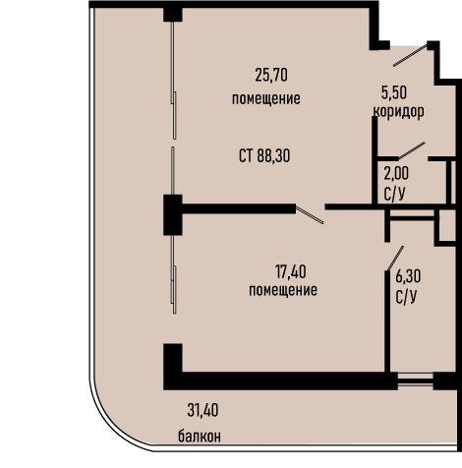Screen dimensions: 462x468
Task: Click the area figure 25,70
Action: [x=271, y=75]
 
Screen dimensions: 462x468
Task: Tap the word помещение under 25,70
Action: [x=266, y=98]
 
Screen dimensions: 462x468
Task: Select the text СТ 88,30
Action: [x=264, y=155]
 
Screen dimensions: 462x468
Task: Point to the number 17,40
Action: [x=291, y=272]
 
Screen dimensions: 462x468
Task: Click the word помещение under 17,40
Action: [x=283, y=290]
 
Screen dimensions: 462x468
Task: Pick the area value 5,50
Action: [x=394, y=92]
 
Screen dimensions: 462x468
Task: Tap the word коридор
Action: [x=398, y=112]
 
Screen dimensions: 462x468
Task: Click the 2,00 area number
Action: [x=396, y=174]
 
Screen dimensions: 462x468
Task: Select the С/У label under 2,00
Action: [x=394, y=194]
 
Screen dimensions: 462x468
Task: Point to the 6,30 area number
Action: [x=408, y=276]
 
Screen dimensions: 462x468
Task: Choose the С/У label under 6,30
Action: [x=406, y=297]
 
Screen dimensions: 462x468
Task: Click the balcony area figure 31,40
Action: [x=202, y=410]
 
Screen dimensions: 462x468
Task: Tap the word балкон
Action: [x=200, y=437]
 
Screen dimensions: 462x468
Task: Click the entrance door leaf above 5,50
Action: [x=410, y=55]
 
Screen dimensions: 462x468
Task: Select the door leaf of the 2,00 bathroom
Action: [x=412, y=150]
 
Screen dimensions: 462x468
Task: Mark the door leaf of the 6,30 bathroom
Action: [x=395, y=259]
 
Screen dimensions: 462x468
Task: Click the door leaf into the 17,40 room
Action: [x=310, y=214]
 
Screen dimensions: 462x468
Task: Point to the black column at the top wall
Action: [x=173, y=14]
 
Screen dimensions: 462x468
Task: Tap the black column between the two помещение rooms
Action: [x=173, y=215]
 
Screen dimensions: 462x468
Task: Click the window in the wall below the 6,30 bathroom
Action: [x=416, y=380]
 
